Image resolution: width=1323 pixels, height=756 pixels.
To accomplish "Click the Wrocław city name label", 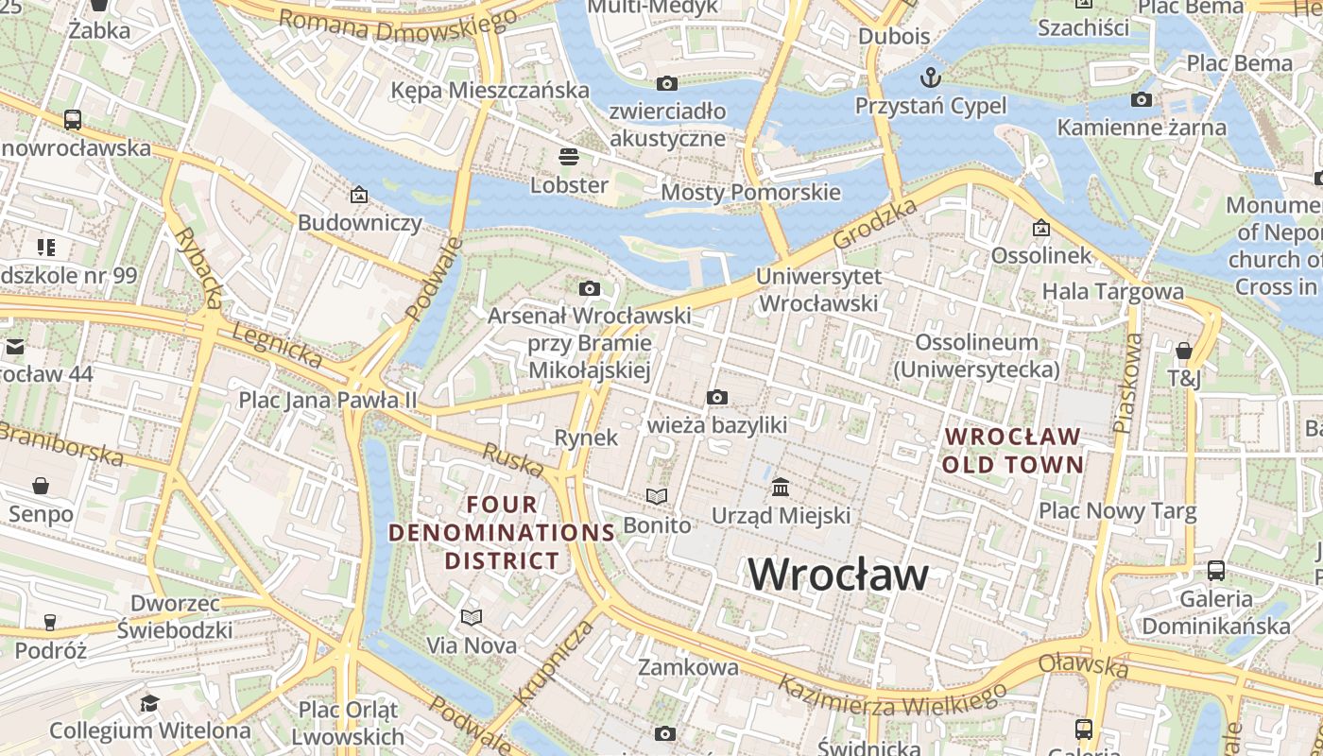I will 838,575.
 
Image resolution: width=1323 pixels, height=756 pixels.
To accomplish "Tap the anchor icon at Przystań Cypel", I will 931,77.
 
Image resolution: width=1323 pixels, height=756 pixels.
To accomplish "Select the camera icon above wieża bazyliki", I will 717,397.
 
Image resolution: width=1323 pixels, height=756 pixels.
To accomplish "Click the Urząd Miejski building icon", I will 781,488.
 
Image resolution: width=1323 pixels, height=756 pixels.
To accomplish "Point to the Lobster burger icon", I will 569,156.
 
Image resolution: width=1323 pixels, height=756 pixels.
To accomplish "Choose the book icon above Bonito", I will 657,496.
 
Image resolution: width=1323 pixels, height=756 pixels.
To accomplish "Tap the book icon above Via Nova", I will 472,617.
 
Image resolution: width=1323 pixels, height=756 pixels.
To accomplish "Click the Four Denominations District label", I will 502,532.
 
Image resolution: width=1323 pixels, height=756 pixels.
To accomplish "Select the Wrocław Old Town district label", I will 1012,451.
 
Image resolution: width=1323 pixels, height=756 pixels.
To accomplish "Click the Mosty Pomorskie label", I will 750,193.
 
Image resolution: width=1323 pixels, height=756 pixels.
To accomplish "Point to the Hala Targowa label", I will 1112,291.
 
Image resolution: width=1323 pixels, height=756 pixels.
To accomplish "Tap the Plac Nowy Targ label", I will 1117,512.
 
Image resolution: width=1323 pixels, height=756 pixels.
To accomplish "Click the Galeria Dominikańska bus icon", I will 1216,571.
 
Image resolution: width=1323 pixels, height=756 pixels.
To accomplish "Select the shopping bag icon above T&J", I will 1183,352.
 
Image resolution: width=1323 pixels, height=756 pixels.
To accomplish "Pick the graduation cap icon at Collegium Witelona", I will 149,703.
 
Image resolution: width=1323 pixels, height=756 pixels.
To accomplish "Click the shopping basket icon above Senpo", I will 41,486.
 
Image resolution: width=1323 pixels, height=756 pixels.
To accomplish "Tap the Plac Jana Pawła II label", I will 327,400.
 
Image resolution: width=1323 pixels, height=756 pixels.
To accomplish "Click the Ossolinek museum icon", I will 1040,228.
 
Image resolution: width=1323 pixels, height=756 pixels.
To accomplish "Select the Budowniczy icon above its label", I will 359,196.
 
